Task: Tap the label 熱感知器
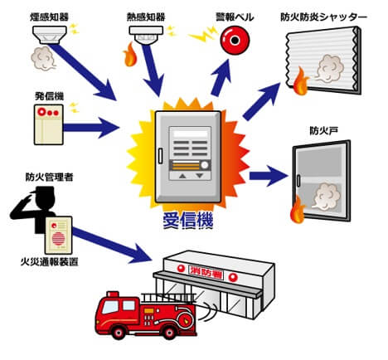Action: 145,11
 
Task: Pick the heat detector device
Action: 147,32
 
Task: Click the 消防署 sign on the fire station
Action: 207,269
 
